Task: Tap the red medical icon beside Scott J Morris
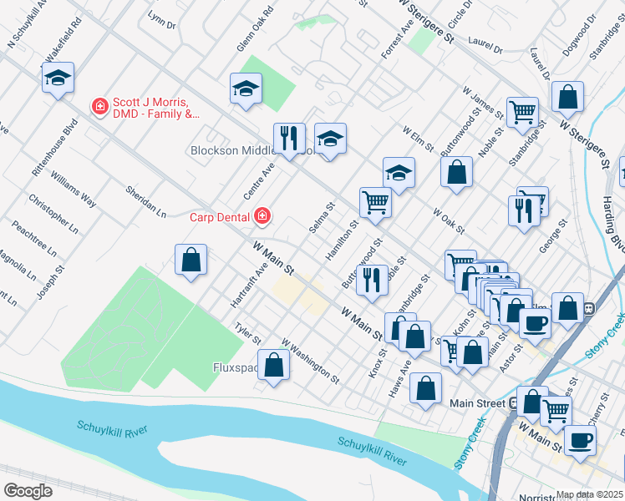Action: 99,107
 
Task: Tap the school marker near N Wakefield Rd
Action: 58,78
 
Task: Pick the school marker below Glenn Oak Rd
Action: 246,89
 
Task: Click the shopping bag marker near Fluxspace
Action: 273,365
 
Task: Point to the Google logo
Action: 28,490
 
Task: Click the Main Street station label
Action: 477,403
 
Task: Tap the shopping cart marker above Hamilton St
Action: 375,201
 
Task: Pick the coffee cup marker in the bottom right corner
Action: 580,441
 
